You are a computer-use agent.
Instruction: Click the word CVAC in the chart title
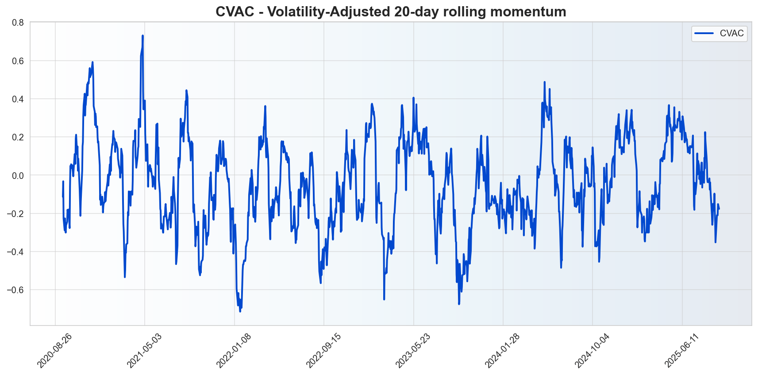[235, 12]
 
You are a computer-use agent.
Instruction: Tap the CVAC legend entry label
[731, 33]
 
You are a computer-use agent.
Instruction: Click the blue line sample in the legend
[704, 33]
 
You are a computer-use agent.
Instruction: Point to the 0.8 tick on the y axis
[18, 23]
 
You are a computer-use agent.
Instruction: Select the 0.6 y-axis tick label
[18, 61]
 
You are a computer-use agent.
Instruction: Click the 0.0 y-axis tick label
[18, 175]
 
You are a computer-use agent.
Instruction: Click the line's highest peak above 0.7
[142, 36]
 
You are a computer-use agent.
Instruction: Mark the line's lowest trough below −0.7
[240, 311]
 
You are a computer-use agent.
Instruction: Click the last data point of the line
[719, 209]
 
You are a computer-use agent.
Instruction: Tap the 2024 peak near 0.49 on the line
[545, 82]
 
